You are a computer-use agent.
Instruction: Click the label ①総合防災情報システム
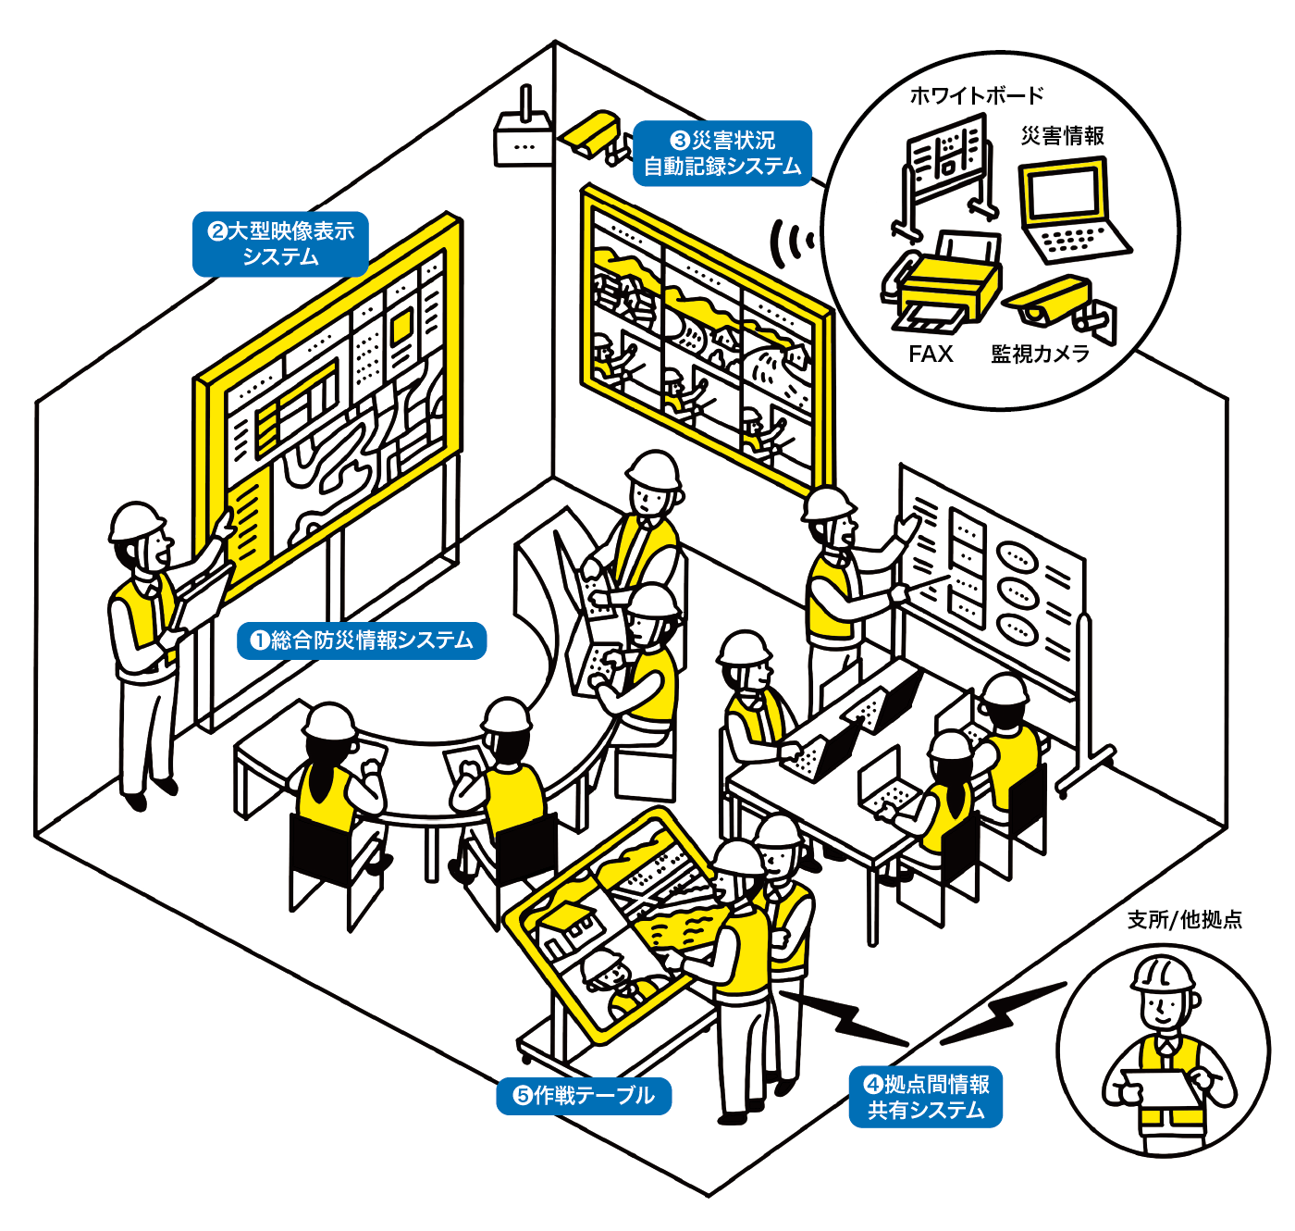click(x=362, y=640)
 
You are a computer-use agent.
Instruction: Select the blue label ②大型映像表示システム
click(x=280, y=244)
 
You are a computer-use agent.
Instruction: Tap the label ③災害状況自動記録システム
click(x=722, y=154)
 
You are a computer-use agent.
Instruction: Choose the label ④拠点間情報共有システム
click(x=926, y=1097)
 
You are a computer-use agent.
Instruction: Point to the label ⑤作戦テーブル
click(x=584, y=1096)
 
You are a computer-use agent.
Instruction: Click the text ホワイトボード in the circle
click(x=976, y=95)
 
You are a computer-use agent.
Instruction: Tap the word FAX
click(x=930, y=354)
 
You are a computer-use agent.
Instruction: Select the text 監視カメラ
click(x=1041, y=354)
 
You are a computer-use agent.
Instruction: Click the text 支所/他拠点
click(x=1185, y=919)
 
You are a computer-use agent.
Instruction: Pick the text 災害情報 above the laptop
click(x=1063, y=136)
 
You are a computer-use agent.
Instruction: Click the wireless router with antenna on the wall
click(x=524, y=134)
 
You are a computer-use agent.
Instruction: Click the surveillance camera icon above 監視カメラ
click(x=1059, y=304)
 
